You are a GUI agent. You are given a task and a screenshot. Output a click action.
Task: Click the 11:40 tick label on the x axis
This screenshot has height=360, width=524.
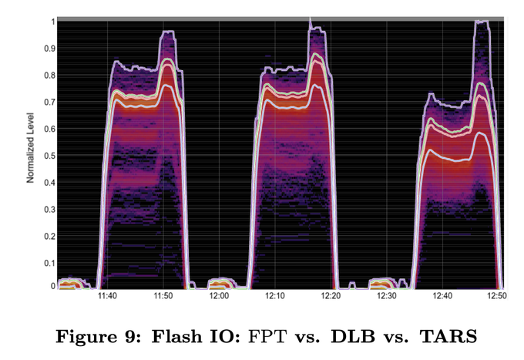pyautogui.click(x=107, y=296)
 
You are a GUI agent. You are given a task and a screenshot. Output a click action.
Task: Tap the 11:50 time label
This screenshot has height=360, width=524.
pyautogui.click(x=163, y=296)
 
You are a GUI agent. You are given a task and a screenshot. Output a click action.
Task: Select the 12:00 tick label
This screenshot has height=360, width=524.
pyautogui.click(x=219, y=296)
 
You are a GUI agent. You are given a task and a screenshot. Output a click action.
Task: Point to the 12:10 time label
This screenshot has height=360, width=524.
pyautogui.click(x=275, y=296)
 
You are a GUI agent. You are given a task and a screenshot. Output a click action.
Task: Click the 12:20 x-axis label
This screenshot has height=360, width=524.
pyautogui.click(x=331, y=296)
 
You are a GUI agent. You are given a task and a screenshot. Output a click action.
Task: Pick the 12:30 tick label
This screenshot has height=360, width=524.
pyautogui.click(x=387, y=296)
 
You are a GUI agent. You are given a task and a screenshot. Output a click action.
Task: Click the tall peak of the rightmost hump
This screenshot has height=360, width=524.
pyautogui.click(x=482, y=23)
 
